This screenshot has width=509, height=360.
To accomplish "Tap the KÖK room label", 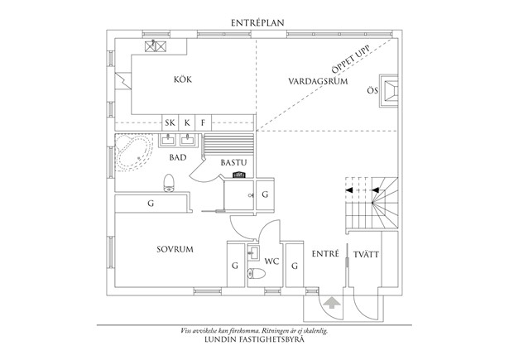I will [x=183, y=79].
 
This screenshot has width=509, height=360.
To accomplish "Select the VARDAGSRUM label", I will [x=317, y=82].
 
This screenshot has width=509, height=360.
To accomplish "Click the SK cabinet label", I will [x=170, y=123].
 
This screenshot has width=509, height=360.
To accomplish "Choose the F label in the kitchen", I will [x=203, y=123].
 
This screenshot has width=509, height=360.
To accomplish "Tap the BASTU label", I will [x=233, y=162].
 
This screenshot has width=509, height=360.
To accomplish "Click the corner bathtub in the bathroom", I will [x=132, y=151].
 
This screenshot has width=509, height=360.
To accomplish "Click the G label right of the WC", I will [x=293, y=266].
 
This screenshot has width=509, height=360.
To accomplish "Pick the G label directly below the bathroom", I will [x=151, y=203].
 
